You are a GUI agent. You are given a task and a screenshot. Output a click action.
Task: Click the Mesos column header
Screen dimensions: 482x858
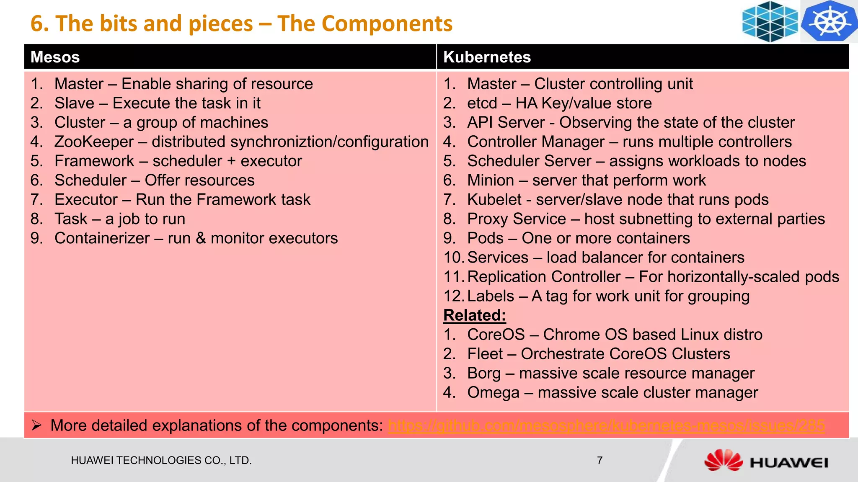tap(55, 57)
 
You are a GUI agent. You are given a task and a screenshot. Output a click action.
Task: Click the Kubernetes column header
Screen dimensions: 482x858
tap(487, 57)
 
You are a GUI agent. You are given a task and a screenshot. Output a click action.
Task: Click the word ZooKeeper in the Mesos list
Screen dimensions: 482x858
tap(94, 142)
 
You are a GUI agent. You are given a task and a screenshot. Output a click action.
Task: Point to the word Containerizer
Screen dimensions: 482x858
tap(102, 238)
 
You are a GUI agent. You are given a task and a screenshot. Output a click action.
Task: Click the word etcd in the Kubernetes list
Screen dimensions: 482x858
tap(482, 103)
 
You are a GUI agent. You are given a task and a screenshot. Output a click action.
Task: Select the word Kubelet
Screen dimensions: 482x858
tap(494, 200)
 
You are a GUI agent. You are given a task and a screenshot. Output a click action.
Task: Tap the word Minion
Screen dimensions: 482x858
tap(491, 180)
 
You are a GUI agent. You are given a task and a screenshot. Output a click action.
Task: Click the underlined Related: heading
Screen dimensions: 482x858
tap(475, 315)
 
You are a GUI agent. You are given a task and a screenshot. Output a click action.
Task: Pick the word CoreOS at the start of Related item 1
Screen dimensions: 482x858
tap(496, 335)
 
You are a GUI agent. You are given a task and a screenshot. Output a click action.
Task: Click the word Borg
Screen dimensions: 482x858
tap(484, 373)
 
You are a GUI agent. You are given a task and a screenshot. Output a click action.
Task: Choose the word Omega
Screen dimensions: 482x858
tap(493, 392)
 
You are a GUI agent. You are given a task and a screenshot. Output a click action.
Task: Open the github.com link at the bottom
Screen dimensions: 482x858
tap(606, 425)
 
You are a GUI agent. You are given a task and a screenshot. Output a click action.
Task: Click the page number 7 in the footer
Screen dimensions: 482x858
tap(600, 461)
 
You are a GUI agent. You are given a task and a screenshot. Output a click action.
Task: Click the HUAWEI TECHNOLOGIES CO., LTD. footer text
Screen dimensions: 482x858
tap(161, 461)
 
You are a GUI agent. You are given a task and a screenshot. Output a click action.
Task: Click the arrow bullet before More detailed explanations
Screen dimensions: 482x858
tap(36, 425)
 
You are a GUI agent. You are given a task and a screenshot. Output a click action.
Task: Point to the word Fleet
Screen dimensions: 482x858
tap(485, 354)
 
